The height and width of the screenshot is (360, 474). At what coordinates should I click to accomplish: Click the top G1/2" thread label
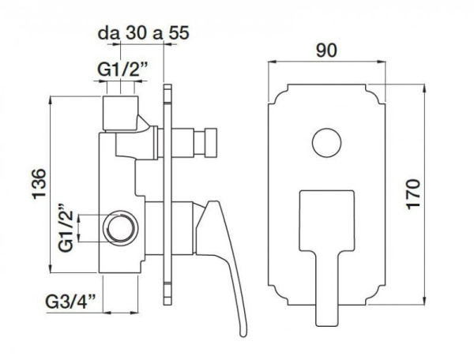pos(121,72)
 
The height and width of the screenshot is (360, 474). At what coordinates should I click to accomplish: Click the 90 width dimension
pos(326,51)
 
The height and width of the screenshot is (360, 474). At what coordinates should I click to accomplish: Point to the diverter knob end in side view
pos(211,144)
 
